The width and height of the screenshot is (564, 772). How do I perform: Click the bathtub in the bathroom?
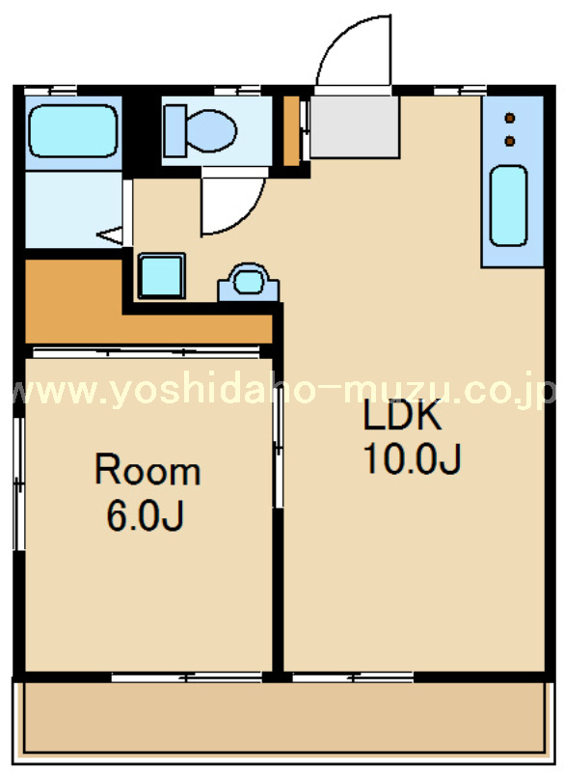pos(74,131)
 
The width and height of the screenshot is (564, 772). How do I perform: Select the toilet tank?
pos(175,131)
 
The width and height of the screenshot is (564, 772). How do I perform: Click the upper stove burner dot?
pos(510,118)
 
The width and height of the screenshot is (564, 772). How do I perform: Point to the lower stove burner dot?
pos(510,141)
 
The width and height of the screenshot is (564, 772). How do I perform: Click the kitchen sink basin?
pos(508,206)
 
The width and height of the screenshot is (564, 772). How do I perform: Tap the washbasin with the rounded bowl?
pos(249,282)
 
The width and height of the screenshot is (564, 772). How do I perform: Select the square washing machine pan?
pos(162,276)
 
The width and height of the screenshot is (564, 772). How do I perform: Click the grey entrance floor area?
pos(354,127)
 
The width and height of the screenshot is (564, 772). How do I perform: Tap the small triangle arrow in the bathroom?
pos(110,235)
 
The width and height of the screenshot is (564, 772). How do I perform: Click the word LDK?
pos(402,416)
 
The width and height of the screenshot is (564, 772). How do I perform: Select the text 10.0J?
pos(412,459)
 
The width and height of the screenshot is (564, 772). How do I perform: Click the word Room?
pos(148,471)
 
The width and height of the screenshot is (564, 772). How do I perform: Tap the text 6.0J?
pos(145,515)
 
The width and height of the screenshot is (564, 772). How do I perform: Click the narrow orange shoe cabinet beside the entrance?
pos(291,131)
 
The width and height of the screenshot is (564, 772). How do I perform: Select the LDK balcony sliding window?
pos(353,677)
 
